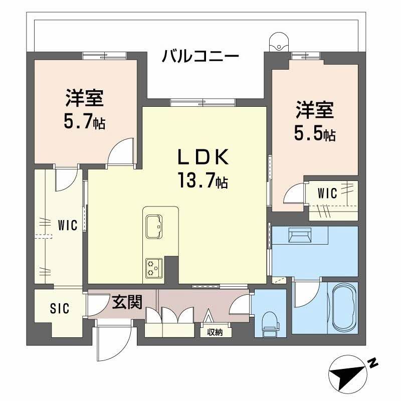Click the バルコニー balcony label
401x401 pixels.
200,56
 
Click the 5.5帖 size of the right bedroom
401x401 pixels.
314,134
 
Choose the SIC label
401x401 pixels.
60,307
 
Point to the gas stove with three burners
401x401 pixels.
153,268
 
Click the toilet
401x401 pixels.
270,322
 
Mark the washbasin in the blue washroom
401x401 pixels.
300,236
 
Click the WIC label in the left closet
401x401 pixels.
67,226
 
